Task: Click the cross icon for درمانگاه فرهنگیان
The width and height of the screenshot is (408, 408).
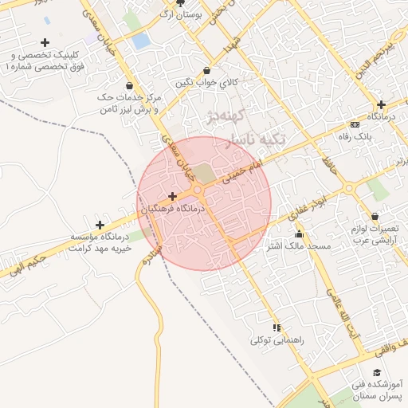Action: [172, 196]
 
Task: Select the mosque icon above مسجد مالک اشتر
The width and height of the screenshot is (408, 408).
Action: [300, 234]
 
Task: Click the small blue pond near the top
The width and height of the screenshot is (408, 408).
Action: [141, 41]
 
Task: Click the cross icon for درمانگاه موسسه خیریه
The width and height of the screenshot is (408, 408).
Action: [99, 226]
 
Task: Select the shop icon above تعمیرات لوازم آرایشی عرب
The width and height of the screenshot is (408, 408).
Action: [375, 217]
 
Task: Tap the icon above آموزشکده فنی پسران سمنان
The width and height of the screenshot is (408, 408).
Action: [376, 372]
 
